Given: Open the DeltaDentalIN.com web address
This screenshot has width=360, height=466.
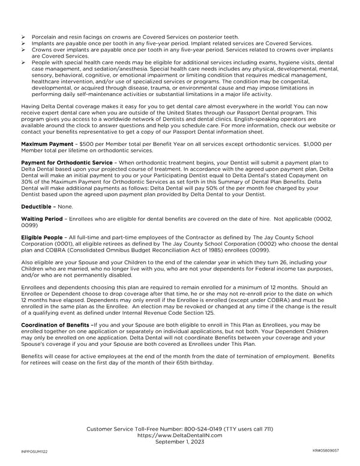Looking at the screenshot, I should click(x=180, y=435).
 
